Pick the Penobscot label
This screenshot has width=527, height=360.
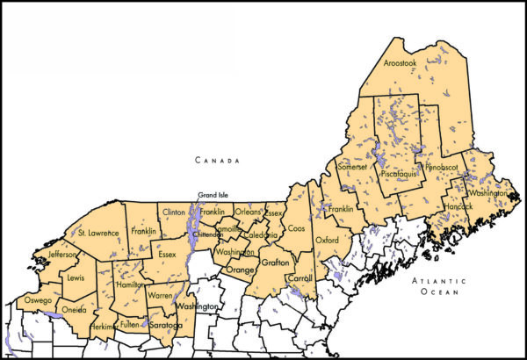(444, 166)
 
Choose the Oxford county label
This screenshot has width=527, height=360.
(327, 239)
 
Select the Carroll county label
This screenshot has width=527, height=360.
(300, 278)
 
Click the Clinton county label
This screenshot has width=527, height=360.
(175, 212)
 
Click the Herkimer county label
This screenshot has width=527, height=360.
(105, 327)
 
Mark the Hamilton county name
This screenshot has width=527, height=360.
(129, 285)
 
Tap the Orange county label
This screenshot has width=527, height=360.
(239, 270)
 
